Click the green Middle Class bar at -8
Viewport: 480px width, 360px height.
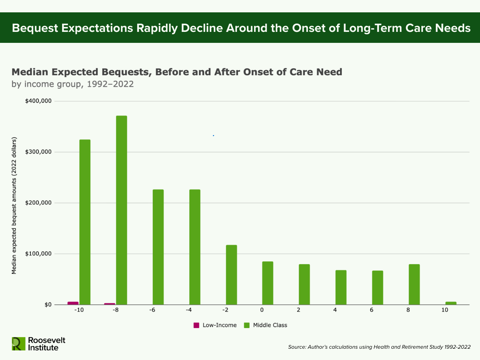(x=121, y=210)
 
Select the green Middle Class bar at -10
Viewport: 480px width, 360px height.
(x=85, y=222)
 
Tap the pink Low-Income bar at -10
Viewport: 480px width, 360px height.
(x=73, y=303)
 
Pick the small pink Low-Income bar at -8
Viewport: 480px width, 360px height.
(x=110, y=304)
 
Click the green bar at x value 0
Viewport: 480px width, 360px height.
(x=268, y=283)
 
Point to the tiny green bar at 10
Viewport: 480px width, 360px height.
(x=451, y=303)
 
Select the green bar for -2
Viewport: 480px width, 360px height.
(x=231, y=275)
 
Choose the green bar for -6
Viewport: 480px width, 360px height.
(x=158, y=247)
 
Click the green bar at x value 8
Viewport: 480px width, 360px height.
(x=414, y=284)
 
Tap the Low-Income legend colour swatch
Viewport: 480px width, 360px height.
(x=196, y=325)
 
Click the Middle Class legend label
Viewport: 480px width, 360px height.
(x=270, y=325)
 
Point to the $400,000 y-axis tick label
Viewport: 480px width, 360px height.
(x=38, y=101)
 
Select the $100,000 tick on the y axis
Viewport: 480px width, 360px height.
(x=38, y=254)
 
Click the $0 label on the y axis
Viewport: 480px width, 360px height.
(x=48, y=304)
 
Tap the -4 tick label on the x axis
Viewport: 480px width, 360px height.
(x=189, y=310)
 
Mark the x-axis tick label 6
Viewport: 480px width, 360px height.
(x=371, y=310)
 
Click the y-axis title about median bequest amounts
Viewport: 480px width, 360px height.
(x=14, y=206)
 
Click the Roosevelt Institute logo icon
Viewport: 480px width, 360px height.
(x=19, y=344)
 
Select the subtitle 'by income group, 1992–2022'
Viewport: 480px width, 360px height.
(x=73, y=84)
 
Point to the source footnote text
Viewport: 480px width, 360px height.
(x=379, y=347)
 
